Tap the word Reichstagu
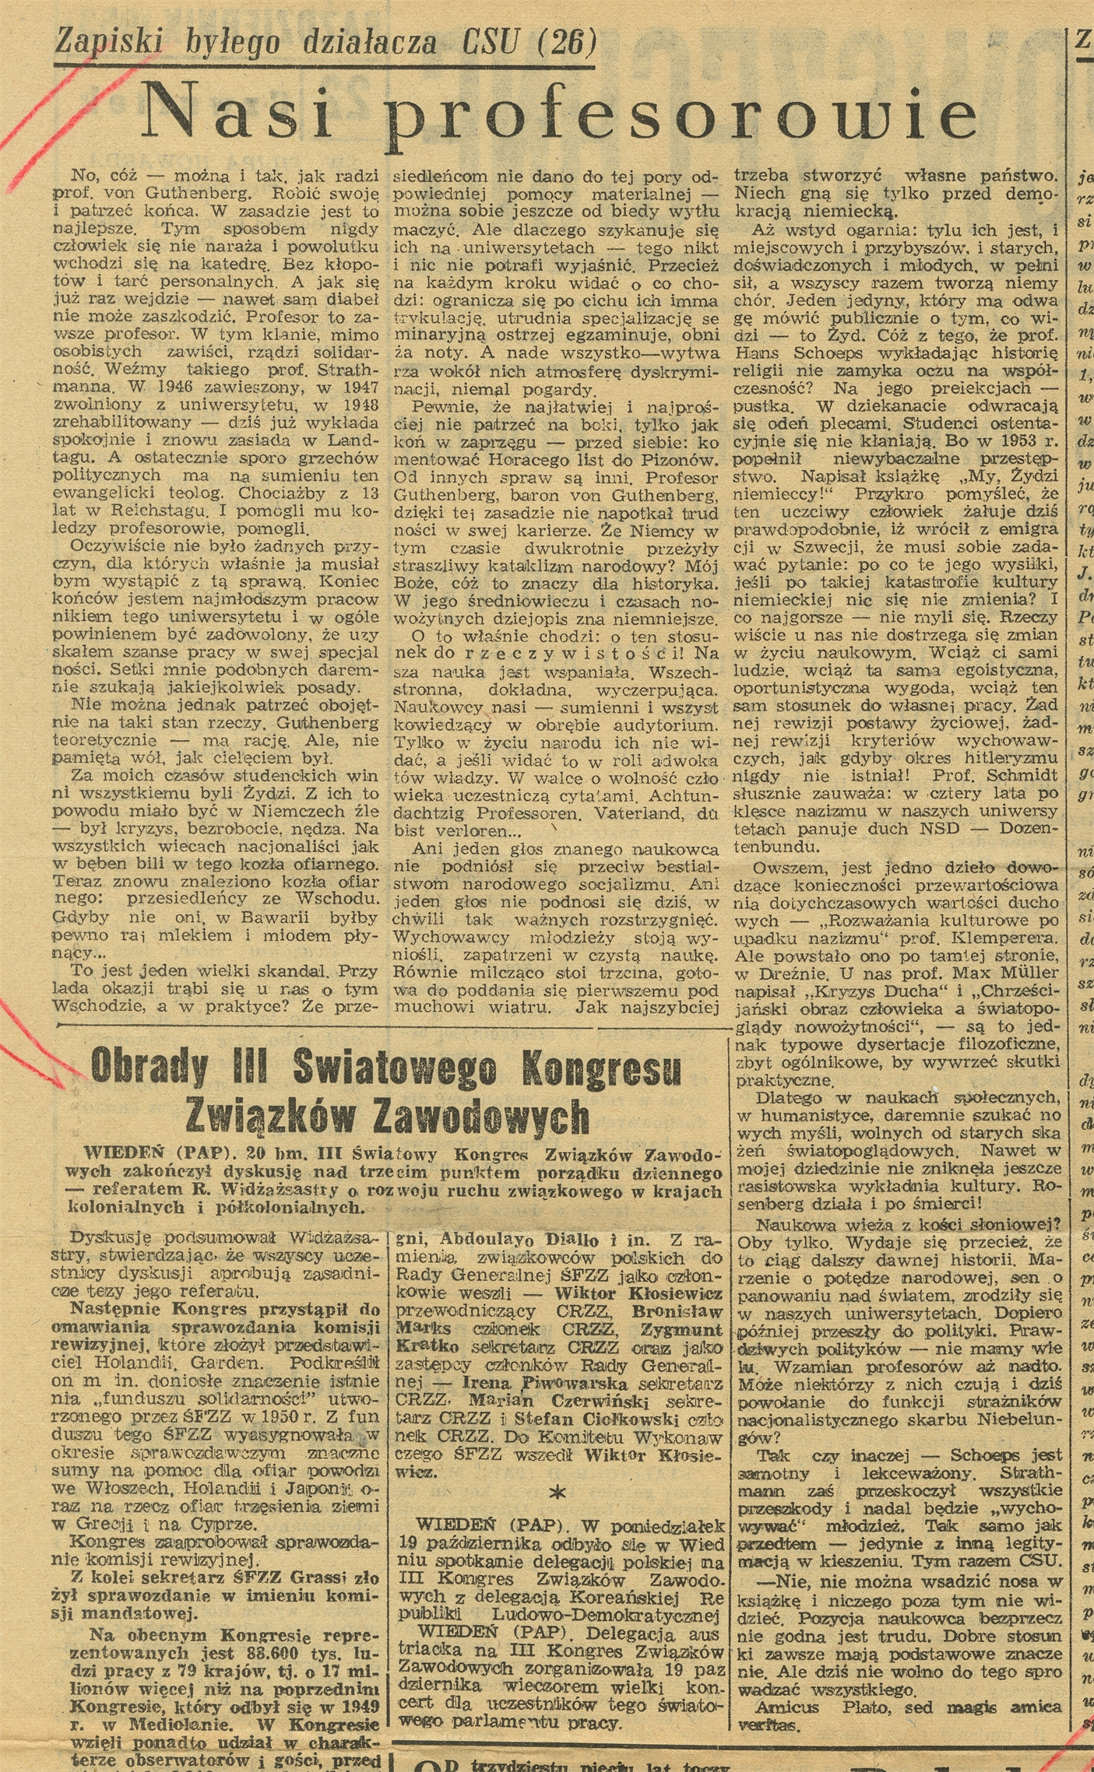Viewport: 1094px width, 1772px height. (167, 511)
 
